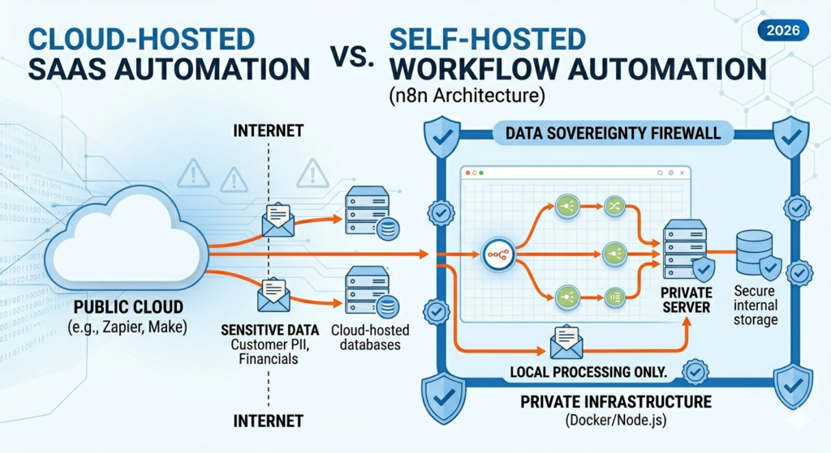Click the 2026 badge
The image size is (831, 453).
(782, 30)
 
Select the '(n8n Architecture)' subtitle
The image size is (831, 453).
(461, 96)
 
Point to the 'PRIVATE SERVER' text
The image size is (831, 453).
(686, 300)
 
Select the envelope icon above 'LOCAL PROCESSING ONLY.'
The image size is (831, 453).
(567, 343)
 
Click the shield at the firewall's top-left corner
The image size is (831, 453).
(443, 134)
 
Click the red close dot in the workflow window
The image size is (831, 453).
(467, 173)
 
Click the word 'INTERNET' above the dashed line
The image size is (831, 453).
(268, 130)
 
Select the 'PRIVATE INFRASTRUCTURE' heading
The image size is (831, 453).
(616, 402)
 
